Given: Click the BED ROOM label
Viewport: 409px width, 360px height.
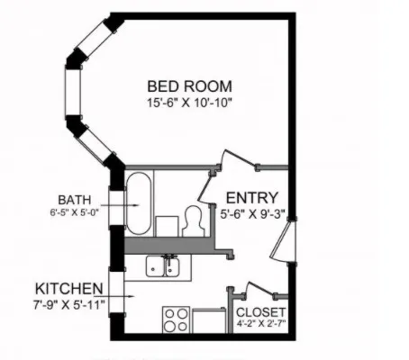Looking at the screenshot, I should (x=190, y=86).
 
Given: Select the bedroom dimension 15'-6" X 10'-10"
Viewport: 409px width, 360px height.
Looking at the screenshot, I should (x=190, y=103).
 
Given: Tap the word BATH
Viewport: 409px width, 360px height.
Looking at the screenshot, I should (x=74, y=200).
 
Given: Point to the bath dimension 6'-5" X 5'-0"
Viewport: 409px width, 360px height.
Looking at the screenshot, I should (x=74, y=213).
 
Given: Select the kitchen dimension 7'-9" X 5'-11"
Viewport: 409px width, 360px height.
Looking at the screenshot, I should (x=70, y=304).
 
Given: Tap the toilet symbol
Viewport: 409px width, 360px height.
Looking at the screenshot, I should (x=193, y=220).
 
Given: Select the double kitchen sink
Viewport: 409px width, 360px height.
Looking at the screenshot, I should (x=166, y=267).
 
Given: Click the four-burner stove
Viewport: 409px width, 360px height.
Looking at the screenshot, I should (x=176, y=320).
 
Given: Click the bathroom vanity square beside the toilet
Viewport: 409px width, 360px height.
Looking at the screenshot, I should (x=166, y=225).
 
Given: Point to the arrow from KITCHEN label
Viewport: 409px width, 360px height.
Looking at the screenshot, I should (x=122, y=295).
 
